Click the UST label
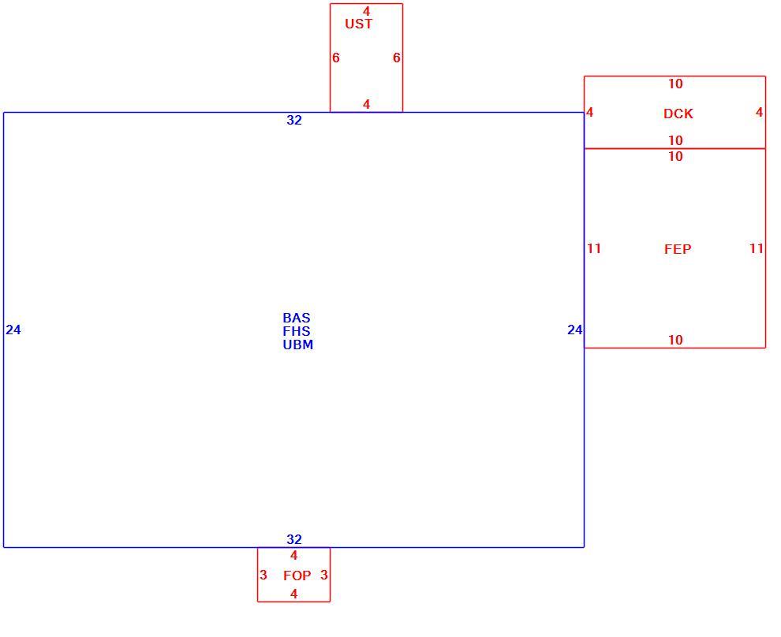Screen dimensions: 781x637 coord(359,24)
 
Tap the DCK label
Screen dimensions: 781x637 coord(678,114)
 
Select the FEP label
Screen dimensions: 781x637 coord(678,249)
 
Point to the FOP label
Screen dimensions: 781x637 coord(297,576)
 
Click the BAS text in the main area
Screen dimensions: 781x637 coord(297,318)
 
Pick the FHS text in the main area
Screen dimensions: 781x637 coord(297,331)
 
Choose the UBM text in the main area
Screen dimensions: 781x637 coord(298,345)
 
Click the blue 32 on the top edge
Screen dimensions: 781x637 coord(294,120)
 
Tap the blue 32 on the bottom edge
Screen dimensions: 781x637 coord(294,539)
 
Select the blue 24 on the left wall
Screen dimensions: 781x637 coord(13,330)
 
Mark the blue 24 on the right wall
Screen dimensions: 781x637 coord(575,330)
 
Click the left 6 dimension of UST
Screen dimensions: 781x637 coord(336,58)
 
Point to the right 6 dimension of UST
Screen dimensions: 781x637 coord(397,58)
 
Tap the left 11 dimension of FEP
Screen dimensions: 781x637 coord(594,248)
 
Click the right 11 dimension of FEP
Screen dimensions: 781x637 coord(756,248)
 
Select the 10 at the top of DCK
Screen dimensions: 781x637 coord(675,84)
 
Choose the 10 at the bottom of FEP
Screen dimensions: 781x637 coord(675,341)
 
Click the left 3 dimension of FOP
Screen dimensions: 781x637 coord(263,576)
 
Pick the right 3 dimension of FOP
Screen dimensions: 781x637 coord(323,576)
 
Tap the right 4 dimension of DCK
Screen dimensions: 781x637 coord(759,113)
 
